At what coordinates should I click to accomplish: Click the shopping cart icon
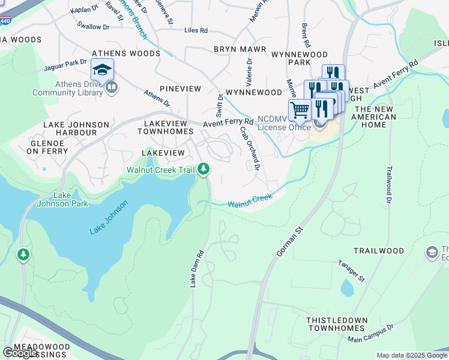click(299, 110)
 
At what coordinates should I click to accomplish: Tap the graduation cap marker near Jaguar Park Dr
click(103, 70)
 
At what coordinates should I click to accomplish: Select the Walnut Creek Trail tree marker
click(204, 170)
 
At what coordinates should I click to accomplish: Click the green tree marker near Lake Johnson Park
click(23, 255)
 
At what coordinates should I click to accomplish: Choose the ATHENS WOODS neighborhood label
click(126, 53)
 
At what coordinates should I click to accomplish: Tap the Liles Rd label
click(196, 30)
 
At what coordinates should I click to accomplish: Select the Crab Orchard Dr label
click(249, 148)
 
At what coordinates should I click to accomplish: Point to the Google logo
click(19, 353)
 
